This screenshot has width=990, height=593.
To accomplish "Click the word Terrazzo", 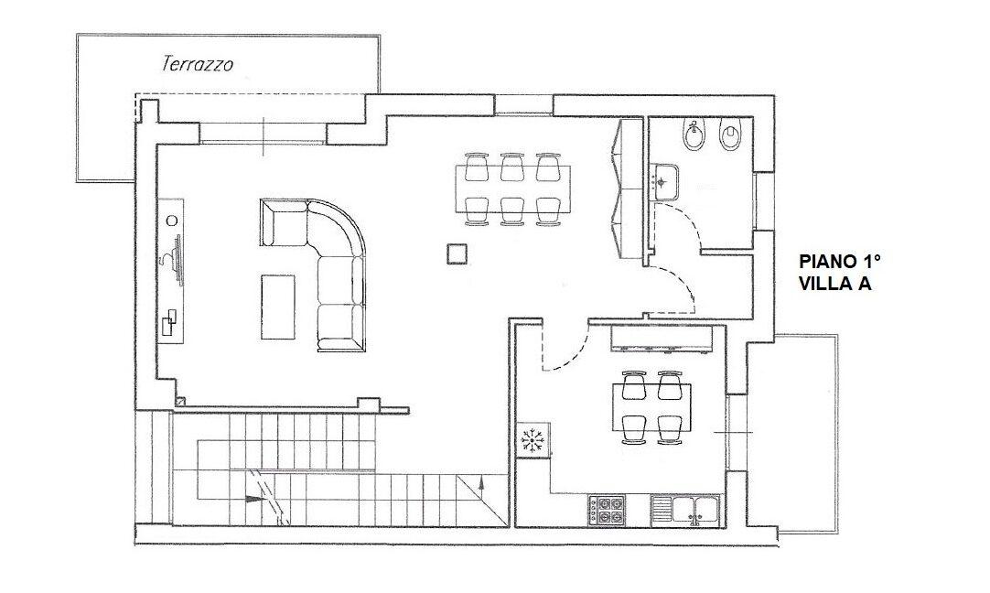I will point(197,64).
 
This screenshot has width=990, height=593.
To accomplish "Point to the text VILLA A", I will point(834,284).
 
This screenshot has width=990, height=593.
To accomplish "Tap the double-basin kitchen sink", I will point(694,510).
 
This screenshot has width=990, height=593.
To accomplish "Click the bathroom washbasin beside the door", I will point(664,178).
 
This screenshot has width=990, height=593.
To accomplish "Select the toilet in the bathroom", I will point(730,138).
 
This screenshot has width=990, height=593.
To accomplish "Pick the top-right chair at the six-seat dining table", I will point(547,167).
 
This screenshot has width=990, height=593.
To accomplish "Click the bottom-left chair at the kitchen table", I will point(632,426).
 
